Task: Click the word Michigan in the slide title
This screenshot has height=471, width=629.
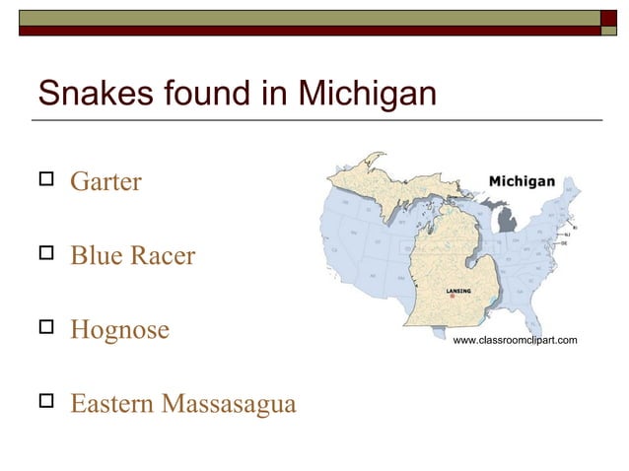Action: tap(366, 95)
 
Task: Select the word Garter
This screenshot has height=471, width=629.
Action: tap(105, 183)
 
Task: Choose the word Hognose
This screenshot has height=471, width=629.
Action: tap(120, 330)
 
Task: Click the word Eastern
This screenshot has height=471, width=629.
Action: tap(111, 404)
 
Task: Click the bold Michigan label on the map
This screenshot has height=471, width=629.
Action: tap(522, 182)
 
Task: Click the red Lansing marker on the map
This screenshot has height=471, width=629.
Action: tap(453, 297)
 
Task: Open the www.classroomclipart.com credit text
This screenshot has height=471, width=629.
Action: tap(514, 340)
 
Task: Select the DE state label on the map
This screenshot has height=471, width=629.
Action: tap(564, 242)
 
